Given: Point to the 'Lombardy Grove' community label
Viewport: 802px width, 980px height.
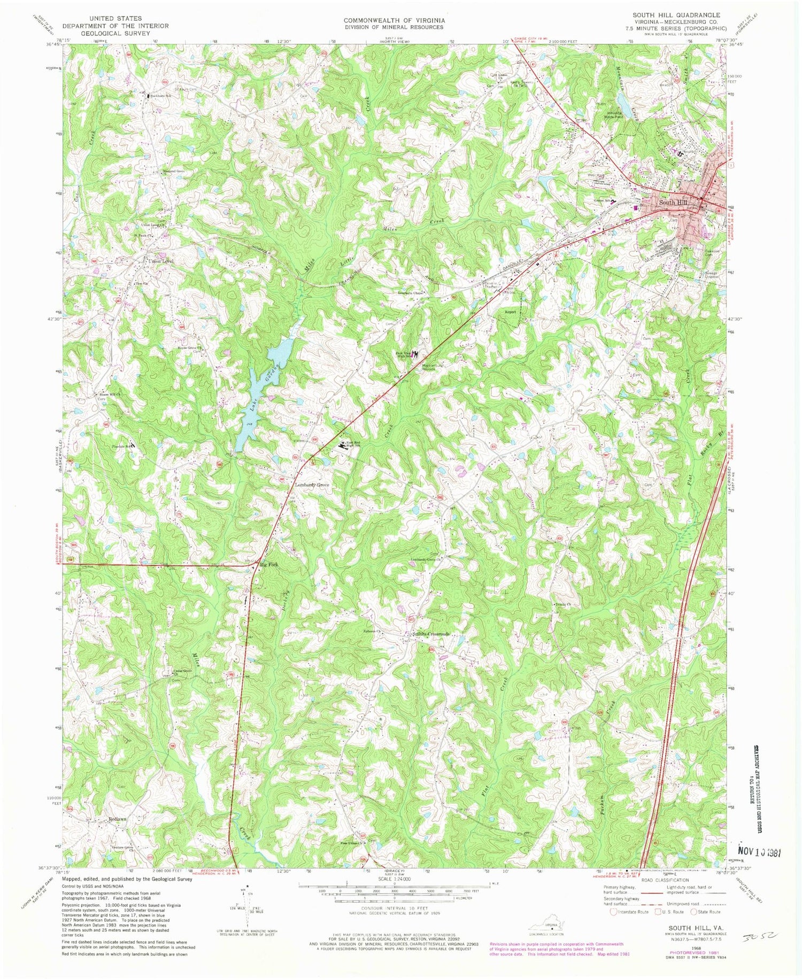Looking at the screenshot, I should pyautogui.click(x=312, y=485).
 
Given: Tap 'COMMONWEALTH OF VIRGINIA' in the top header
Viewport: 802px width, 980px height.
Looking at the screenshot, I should pyautogui.click(x=394, y=20).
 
